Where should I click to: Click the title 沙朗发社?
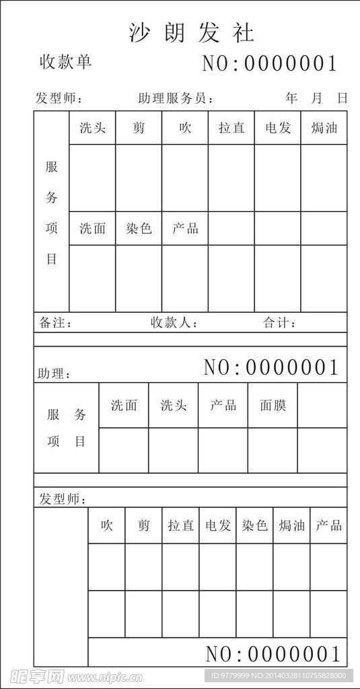tap(192, 32)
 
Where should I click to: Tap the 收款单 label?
tap(65, 63)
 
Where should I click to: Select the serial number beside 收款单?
tap(269, 64)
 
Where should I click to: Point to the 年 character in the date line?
tap(291, 98)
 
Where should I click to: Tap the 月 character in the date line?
tap(317, 98)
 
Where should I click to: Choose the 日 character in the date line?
tap(343, 98)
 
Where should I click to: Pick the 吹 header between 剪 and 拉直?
tap(185, 128)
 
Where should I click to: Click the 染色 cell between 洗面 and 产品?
tap(139, 229)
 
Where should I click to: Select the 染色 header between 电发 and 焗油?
tap(255, 525)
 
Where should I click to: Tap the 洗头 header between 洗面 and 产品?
tap(174, 405)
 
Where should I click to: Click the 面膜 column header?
tap(273, 405)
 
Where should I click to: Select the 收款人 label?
tap(174, 323)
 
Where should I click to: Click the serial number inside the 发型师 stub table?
tap(273, 653)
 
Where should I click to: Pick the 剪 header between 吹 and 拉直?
tap(144, 525)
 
